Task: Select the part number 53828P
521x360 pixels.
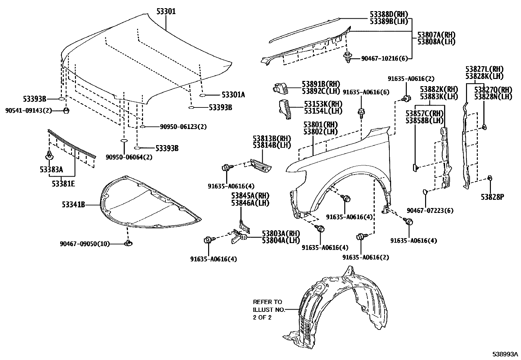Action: coord(492,197)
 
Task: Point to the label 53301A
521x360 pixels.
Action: coord(233,95)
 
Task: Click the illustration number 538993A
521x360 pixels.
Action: coord(506,354)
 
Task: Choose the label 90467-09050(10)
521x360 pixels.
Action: coord(85,244)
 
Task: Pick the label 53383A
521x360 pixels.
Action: coord(51,169)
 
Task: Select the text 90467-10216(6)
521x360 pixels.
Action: coord(385,58)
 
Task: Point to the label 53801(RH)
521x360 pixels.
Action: coord(320,125)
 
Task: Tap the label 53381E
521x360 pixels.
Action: coord(63,183)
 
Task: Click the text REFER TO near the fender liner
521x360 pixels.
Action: coord(267,302)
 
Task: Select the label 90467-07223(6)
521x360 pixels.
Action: coord(430,211)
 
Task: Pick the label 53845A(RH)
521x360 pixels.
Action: coord(250,196)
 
